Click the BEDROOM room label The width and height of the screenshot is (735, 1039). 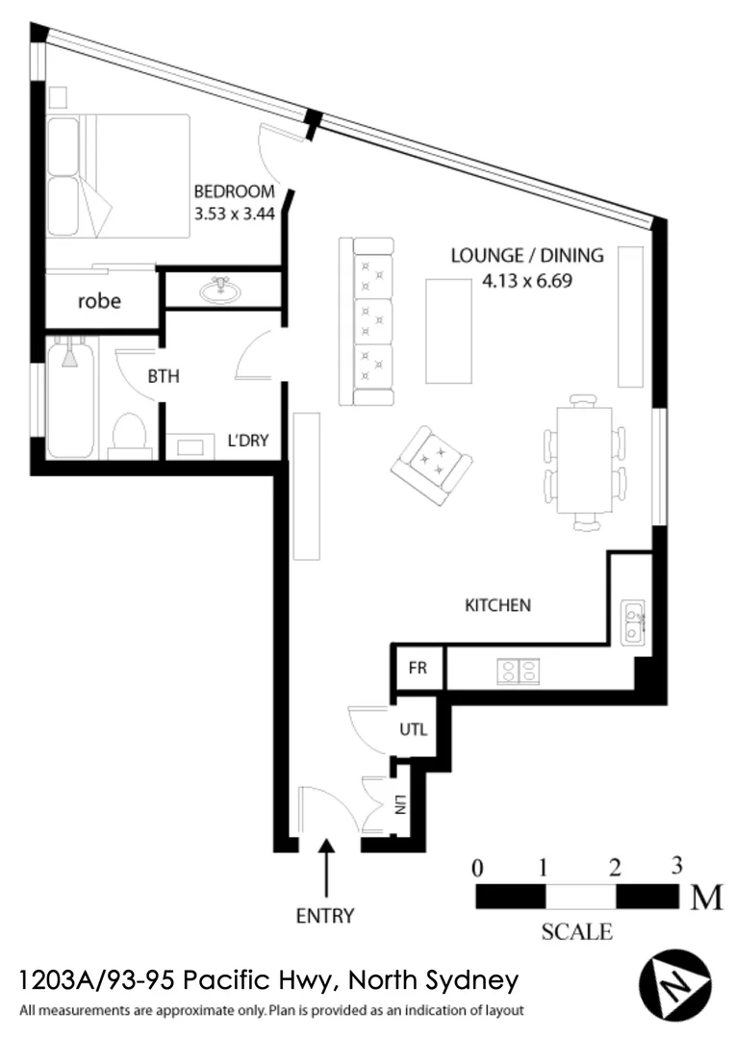tap(234, 191)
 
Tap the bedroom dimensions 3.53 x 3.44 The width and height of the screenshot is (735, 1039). tap(235, 214)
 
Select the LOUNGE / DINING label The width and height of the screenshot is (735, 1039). tap(527, 256)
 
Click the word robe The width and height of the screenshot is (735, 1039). tap(99, 301)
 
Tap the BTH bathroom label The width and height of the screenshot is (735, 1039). tap(164, 377)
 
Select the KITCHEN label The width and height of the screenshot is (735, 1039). tap(497, 605)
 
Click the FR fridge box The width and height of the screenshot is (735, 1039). tap(418, 669)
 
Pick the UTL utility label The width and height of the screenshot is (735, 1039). tap(413, 729)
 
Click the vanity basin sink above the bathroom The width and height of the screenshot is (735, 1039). tap(222, 288)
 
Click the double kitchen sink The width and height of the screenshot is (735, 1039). tap(633, 621)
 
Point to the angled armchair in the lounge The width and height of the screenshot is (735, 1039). tap(431, 465)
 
